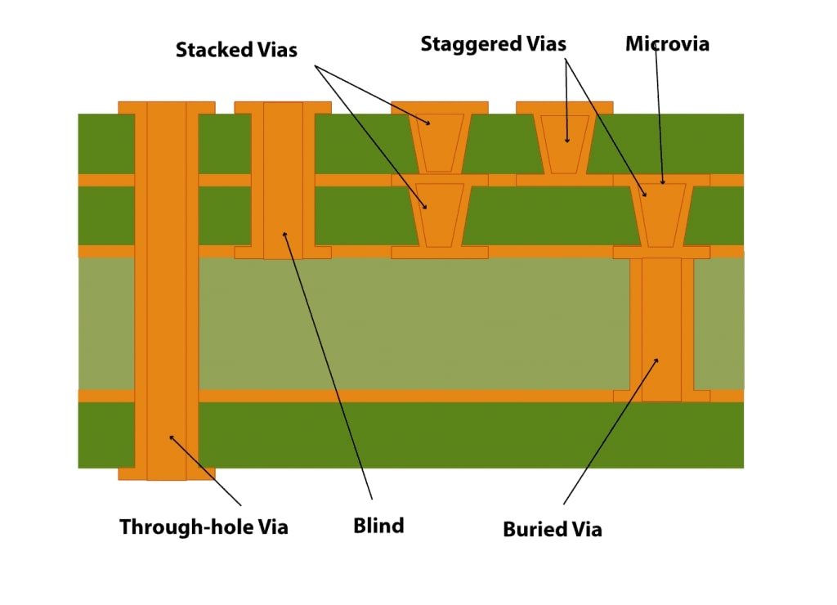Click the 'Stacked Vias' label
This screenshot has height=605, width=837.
pyautogui.click(x=236, y=50)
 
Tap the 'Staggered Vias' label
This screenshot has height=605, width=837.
pyautogui.click(x=493, y=44)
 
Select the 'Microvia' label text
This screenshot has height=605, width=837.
pyautogui.click(x=667, y=44)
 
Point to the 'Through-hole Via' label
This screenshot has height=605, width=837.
pyautogui.click(x=204, y=527)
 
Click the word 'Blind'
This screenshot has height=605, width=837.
pyautogui.click(x=378, y=526)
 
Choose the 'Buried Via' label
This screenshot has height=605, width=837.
pyautogui.click(x=553, y=529)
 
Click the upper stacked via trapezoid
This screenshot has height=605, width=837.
pyautogui.click(x=439, y=141)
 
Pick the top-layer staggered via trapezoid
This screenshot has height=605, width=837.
pyautogui.click(x=565, y=141)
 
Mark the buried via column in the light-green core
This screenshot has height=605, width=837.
pyautogui.click(x=661, y=327)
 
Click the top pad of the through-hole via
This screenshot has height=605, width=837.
pyautogui.click(x=167, y=107)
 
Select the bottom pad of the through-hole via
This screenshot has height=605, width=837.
pyautogui.click(x=167, y=474)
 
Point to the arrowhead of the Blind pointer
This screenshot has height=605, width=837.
pyautogui.click(x=284, y=233)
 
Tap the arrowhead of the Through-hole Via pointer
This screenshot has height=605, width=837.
pyautogui.click(x=170, y=436)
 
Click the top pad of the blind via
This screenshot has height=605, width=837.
pyautogui.click(x=283, y=107)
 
